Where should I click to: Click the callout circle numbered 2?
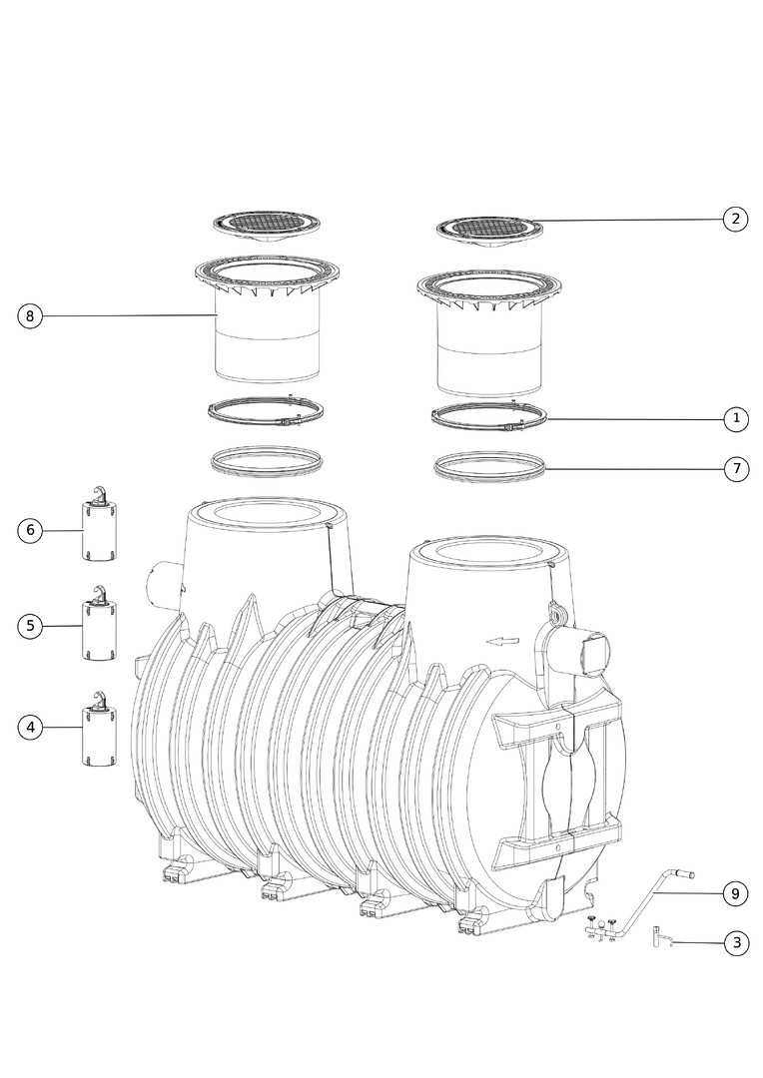pos(735,220)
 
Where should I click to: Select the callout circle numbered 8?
pos(30,316)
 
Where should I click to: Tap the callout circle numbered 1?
pos(736,418)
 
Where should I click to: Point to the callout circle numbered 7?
pos(736,469)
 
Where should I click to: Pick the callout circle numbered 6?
pos(30,530)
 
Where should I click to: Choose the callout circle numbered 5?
pos(30,626)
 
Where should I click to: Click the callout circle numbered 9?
pos(735,893)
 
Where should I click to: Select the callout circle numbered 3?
pos(736,942)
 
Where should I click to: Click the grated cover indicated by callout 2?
pos(490,232)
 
